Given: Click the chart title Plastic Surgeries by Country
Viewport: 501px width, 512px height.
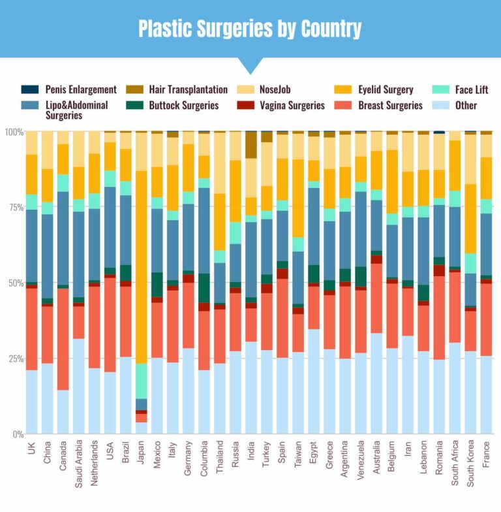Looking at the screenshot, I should tap(250, 29).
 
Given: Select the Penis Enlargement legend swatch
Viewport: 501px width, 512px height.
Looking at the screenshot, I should tap(29, 89).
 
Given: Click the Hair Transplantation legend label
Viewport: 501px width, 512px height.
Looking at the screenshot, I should tap(188, 89).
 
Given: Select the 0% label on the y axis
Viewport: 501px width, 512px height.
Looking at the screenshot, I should tap(14, 434).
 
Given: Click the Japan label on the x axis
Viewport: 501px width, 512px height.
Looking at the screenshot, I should tap(142, 451).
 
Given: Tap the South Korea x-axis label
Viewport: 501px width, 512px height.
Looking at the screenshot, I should tap(470, 461).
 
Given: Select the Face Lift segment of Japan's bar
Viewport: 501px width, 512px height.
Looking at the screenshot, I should tap(142, 381).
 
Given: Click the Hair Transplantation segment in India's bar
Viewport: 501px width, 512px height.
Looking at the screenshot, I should tap(251, 145).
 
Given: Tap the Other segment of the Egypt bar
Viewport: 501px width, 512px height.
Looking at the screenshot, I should tap(314, 381).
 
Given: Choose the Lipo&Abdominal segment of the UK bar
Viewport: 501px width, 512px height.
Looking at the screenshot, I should tap(31, 246).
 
